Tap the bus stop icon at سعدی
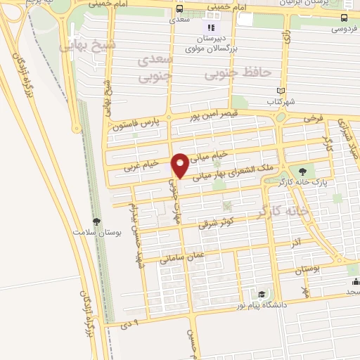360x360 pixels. click(181, 9)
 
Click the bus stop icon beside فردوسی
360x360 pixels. click(343, 18)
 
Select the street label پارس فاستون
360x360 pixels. click(135, 124)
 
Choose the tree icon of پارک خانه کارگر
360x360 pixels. click(303, 171)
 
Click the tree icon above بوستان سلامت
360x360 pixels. click(96, 221)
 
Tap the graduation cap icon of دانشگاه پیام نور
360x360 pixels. click(262, 294)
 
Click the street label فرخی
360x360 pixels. click(310, 119)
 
